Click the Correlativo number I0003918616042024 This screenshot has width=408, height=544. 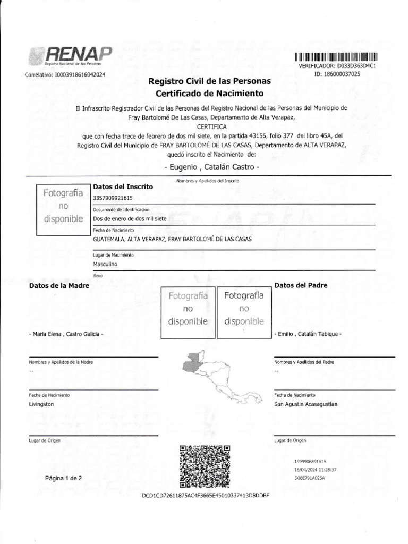(x=65, y=75)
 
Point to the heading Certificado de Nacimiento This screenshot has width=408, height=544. (x=209, y=93)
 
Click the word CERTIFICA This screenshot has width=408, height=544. (x=211, y=126)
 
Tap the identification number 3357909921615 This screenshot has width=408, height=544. (x=113, y=198)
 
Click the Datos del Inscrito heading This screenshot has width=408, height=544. (x=123, y=186)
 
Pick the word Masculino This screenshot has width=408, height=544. (x=105, y=263)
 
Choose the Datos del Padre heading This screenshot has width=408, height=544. (x=301, y=285)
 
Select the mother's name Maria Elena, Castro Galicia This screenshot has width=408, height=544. (x=66, y=334)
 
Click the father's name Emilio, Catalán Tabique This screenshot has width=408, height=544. (x=308, y=334)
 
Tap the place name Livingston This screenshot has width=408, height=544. (x=41, y=404)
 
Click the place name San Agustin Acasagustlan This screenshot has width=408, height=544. (x=305, y=404)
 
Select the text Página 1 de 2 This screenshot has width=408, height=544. (x=64, y=478)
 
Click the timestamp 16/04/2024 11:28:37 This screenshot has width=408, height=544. (x=316, y=470)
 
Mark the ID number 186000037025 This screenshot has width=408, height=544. (x=345, y=74)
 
